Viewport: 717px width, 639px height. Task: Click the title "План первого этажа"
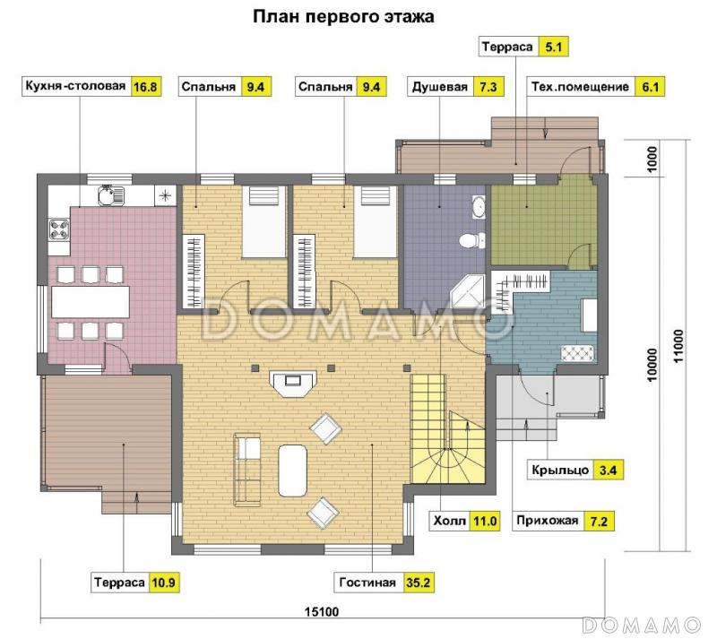pos(343,16)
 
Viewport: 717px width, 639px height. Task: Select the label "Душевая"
pos(439,87)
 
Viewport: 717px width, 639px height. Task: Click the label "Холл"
pos(449,520)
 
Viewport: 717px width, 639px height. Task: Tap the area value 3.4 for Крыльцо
pos(608,469)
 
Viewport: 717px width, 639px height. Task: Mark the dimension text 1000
pos(653,161)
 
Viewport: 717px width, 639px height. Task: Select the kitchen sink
pos(108,194)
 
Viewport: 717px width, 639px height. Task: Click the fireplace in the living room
pos(291,383)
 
